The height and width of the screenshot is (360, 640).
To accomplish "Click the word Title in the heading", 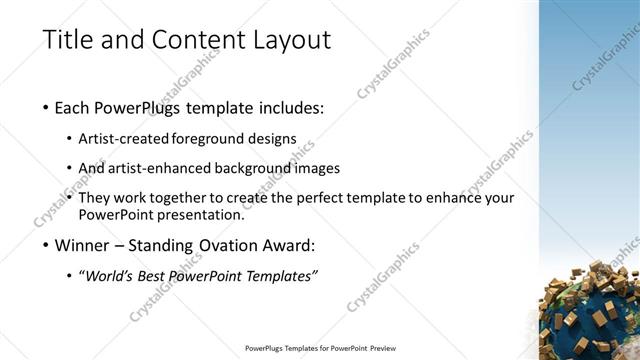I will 66,41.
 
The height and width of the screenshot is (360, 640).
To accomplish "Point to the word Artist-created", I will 136,139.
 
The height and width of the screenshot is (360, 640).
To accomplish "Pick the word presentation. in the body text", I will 201,214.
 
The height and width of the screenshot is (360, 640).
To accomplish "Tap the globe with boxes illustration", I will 592,310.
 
